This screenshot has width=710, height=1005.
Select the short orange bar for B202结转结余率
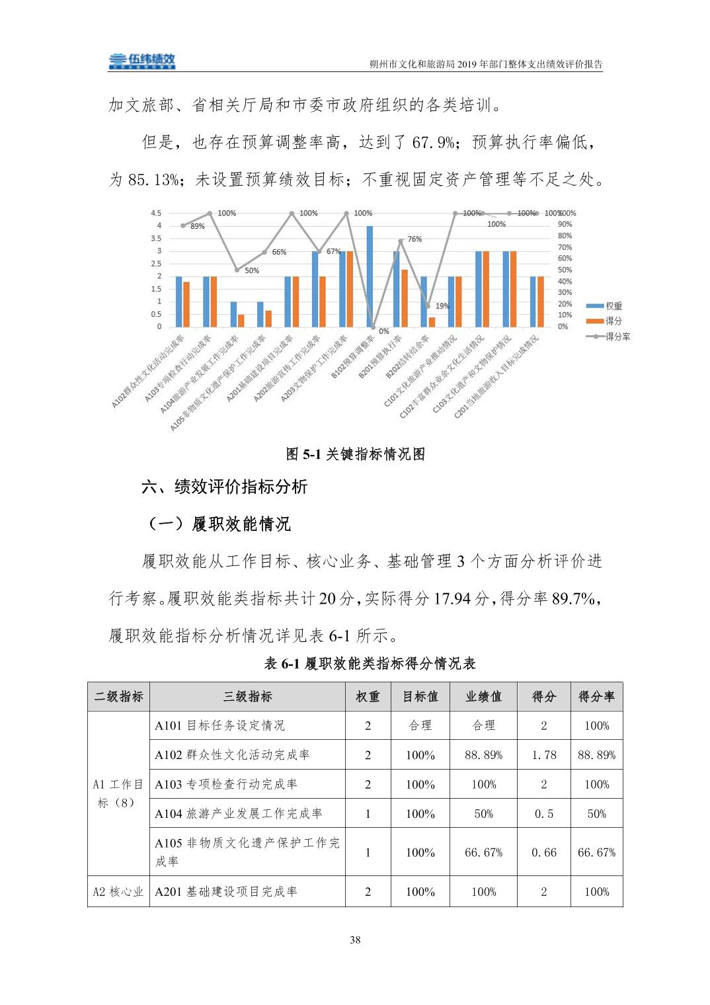click(432, 322)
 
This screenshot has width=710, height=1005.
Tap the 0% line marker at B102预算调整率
click(374, 327)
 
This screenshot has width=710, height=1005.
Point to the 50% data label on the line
click(252, 270)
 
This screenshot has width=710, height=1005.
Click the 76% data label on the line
click(414, 239)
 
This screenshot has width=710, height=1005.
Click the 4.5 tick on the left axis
click(156, 213)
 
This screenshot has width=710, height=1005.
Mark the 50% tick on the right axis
click(564, 270)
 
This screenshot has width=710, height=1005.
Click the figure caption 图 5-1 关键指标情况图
click(355, 454)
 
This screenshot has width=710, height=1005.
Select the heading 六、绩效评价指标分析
click(225, 487)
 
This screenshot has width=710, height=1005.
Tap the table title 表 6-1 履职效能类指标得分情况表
click(370, 664)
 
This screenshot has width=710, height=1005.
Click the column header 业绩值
click(483, 696)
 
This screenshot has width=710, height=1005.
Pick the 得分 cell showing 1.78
click(544, 754)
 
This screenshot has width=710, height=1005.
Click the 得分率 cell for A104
click(596, 814)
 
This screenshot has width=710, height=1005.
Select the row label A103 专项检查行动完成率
click(226, 784)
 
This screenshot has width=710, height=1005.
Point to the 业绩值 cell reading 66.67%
click(483, 852)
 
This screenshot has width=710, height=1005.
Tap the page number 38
click(355, 940)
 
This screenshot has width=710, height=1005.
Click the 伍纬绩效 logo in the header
click(142, 61)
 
